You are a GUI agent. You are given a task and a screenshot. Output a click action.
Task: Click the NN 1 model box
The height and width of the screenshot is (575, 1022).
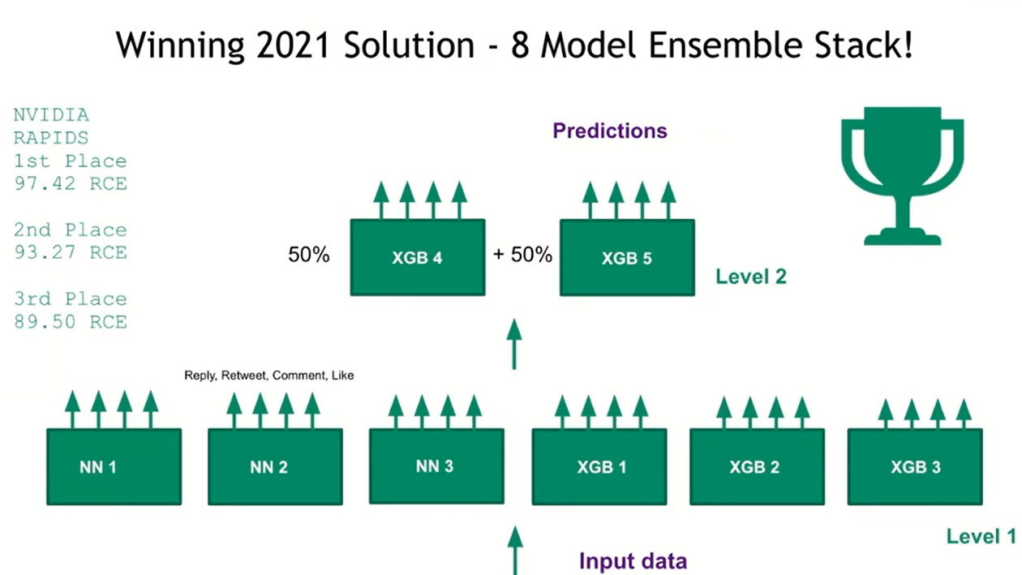click(x=114, y=467)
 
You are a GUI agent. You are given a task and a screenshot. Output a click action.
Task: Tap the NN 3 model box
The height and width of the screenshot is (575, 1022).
click(x=436, y=466)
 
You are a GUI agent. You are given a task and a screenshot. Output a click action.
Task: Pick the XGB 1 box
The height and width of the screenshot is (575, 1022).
click(x=599, y=467)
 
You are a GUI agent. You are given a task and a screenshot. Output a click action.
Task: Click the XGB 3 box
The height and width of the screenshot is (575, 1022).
click(x=915, y=467)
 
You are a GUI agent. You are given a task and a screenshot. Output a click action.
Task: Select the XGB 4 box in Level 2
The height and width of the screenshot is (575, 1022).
click(x=418, y=257)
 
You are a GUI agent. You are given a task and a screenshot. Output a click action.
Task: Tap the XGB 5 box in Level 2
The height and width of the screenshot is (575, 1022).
click(x=627, y=258)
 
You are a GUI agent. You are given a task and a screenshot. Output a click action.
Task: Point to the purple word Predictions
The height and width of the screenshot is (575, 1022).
click(x=610, y=131)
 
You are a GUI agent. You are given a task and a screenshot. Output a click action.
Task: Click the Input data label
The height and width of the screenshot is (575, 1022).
click(x=633, y=560)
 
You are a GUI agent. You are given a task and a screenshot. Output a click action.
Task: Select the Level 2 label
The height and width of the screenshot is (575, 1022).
click(x=750, y=277)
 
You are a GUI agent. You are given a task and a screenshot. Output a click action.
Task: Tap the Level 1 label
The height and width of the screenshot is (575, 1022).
click(x=980, y=536)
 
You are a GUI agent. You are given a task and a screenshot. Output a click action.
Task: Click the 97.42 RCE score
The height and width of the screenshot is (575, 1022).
click(x=71, y=183)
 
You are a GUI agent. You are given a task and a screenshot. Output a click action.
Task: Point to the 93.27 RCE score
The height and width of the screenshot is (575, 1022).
click(x=71, y=252)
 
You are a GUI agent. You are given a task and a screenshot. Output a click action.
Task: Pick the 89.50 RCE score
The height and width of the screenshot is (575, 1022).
click(x=71, y=321)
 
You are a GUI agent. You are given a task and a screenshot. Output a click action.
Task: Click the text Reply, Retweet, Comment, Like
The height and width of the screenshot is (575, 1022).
click(x=269, y=375)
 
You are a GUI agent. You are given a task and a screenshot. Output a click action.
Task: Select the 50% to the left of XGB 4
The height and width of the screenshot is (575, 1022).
click(x=309, y=255)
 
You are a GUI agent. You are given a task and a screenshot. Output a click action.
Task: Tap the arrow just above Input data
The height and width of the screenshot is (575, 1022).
click(x=514, y=547)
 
